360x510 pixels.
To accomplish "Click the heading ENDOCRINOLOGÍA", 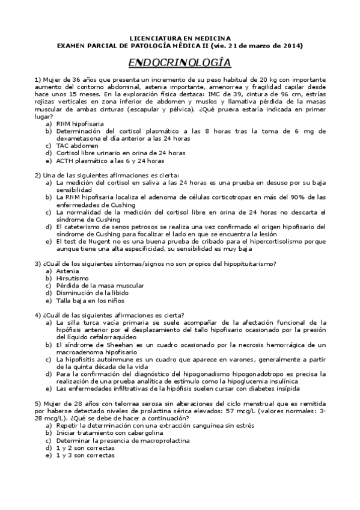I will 180,62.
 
